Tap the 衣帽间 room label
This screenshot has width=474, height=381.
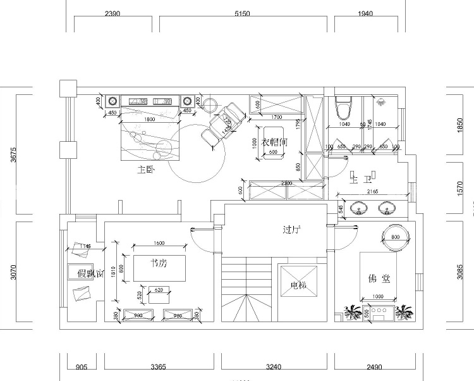[275, 143]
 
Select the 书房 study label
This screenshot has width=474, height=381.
[159, 263]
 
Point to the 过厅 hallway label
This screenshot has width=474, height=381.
[291, 230]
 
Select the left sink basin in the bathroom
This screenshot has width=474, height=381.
[360, 208]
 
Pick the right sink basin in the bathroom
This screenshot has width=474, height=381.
[385, 208]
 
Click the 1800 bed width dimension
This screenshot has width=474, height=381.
[150, 119]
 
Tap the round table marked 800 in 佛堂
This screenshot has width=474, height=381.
[396, 237]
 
